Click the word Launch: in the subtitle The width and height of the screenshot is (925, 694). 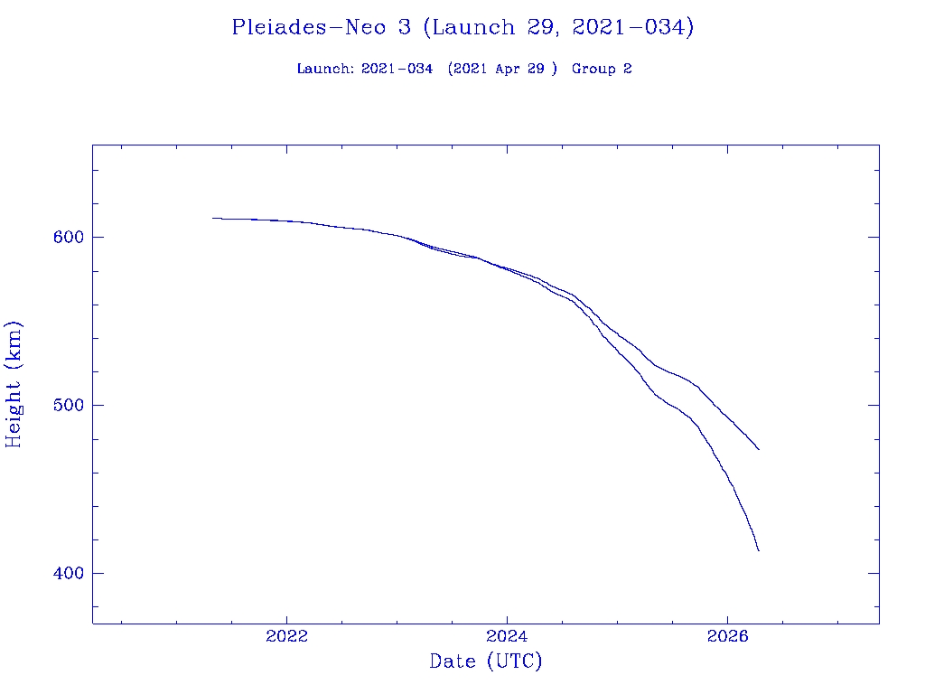(325, 69)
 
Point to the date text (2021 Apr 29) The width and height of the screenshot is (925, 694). (502, 69)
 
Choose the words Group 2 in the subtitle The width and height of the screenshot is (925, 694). (602, 69)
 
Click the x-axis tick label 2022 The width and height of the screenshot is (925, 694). (287, 635)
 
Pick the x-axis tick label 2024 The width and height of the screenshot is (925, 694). (508, 635)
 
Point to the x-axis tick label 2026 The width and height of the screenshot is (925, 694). (728, 635)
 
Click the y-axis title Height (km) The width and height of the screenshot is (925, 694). (14, 384)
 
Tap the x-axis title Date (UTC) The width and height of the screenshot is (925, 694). (486, 661)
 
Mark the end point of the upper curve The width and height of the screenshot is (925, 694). (759, 449)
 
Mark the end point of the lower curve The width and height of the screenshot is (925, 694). (759, 550)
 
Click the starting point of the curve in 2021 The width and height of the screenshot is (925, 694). (213, 218)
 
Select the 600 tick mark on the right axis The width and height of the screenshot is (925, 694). (874, 237)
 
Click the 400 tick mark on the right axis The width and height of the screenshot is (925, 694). (874, 573)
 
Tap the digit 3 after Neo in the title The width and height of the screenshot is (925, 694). (404, 27)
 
